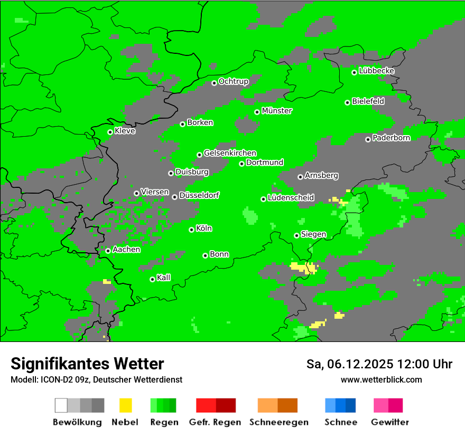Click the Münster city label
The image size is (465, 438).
pos(277,111)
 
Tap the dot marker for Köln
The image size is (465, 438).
pos(191,230)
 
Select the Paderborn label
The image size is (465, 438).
pos(391,138)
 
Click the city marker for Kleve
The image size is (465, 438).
pos(110,132)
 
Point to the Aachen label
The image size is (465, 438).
pos(126,249)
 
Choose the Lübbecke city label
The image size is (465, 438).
pos(376,71)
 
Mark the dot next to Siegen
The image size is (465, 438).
pos(296,235)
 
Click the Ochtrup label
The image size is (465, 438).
pos(233,81)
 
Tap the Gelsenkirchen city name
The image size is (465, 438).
pos(230,153)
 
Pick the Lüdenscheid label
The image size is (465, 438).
pos(291,197)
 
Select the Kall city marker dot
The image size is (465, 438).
pos(152,279)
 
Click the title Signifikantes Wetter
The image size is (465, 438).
pos(87,364)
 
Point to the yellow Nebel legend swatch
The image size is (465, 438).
pos(125,405)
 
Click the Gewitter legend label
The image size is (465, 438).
pos(389,422)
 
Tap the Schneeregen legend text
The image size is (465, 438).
pos(278,422)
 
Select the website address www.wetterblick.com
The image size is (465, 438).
pos(381,379)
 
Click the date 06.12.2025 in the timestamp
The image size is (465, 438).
pos(357,364)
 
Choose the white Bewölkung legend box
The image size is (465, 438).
pos(61,405)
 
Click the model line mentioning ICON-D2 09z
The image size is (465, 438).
pos(96,379)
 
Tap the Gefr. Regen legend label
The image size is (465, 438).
pos(215,422)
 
